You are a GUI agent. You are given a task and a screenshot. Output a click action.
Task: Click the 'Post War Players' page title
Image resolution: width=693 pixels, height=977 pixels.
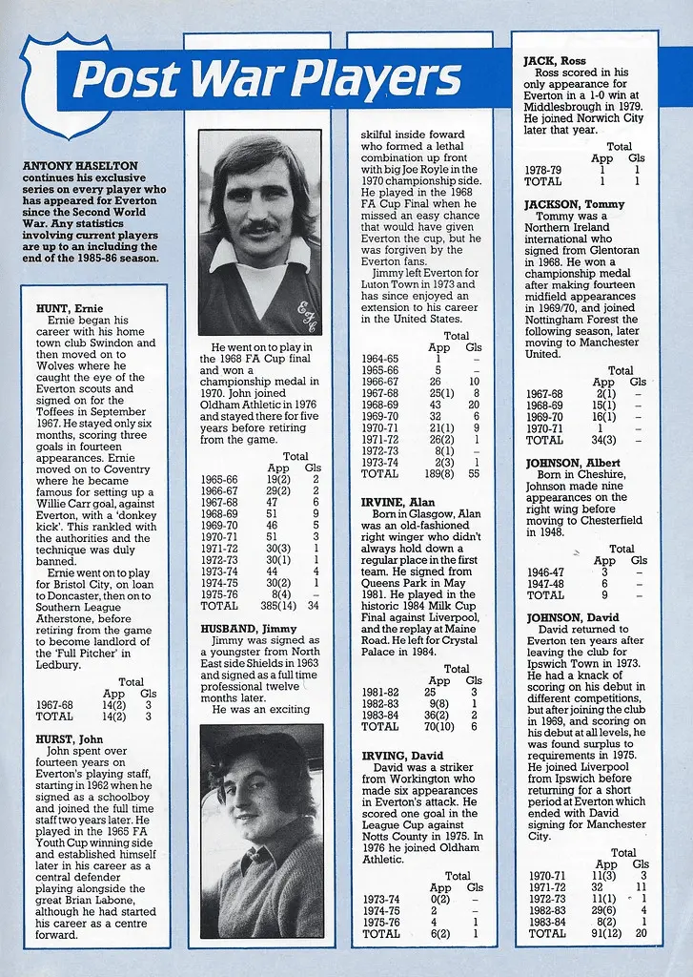(267, 79)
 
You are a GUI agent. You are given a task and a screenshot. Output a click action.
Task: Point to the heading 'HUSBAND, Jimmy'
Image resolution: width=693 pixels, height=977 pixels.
(242, 629)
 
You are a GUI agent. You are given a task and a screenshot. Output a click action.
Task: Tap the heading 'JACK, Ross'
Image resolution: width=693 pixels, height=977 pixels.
(554, 60)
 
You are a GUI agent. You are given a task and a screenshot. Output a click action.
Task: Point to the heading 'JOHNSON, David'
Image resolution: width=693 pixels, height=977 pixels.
(571, 616)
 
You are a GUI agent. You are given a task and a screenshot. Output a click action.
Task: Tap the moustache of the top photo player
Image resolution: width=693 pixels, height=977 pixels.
(258, 229)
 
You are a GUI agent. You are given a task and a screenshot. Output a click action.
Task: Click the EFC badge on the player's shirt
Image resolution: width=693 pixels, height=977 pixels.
(306, 311)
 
